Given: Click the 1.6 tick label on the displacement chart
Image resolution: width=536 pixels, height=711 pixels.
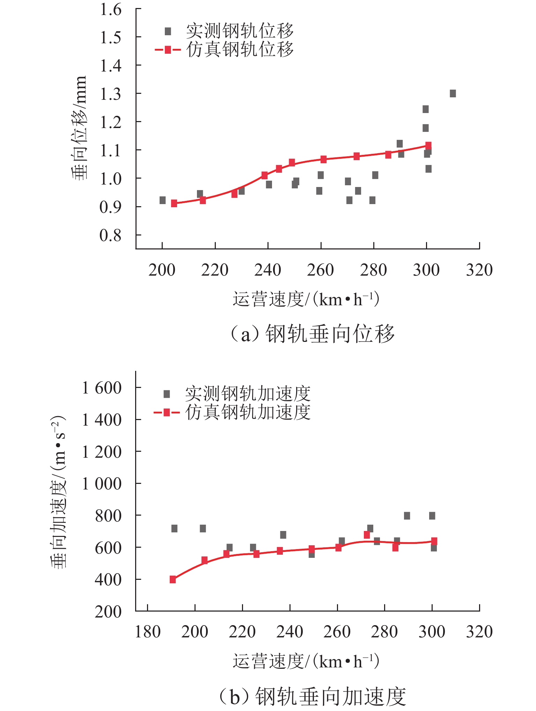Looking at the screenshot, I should click(111, 9).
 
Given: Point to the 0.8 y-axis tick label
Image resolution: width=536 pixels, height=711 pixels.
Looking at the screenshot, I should click(111, 235).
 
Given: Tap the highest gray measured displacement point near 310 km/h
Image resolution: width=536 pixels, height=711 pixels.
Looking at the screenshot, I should click(453, 93).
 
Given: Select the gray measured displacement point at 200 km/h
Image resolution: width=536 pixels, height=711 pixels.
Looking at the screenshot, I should click(162, 200).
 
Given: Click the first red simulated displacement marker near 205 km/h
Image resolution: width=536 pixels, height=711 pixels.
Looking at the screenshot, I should click(174, 203).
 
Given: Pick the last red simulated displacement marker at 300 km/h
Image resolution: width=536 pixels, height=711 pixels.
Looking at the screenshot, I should click(428, 145).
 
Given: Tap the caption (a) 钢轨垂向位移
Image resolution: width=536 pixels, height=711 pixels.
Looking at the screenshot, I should click(313, 334).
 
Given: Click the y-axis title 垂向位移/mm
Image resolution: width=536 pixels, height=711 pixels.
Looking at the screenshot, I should click(79, 128).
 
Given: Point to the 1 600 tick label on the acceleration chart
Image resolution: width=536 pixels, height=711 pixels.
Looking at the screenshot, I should click(102, 388).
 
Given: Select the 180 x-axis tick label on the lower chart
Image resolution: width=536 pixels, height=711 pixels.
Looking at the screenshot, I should click(147, 632).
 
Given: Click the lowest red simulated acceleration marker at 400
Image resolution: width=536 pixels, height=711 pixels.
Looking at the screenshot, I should click(173, 579).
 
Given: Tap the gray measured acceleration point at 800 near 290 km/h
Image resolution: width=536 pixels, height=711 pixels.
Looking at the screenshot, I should click(407, 516).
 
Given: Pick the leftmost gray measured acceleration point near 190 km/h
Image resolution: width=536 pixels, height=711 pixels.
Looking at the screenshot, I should click(174, 529).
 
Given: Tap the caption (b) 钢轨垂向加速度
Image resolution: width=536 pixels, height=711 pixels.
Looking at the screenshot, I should click(313, 696).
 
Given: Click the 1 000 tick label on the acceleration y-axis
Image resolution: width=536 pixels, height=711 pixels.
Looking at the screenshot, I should click(102, 484).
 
